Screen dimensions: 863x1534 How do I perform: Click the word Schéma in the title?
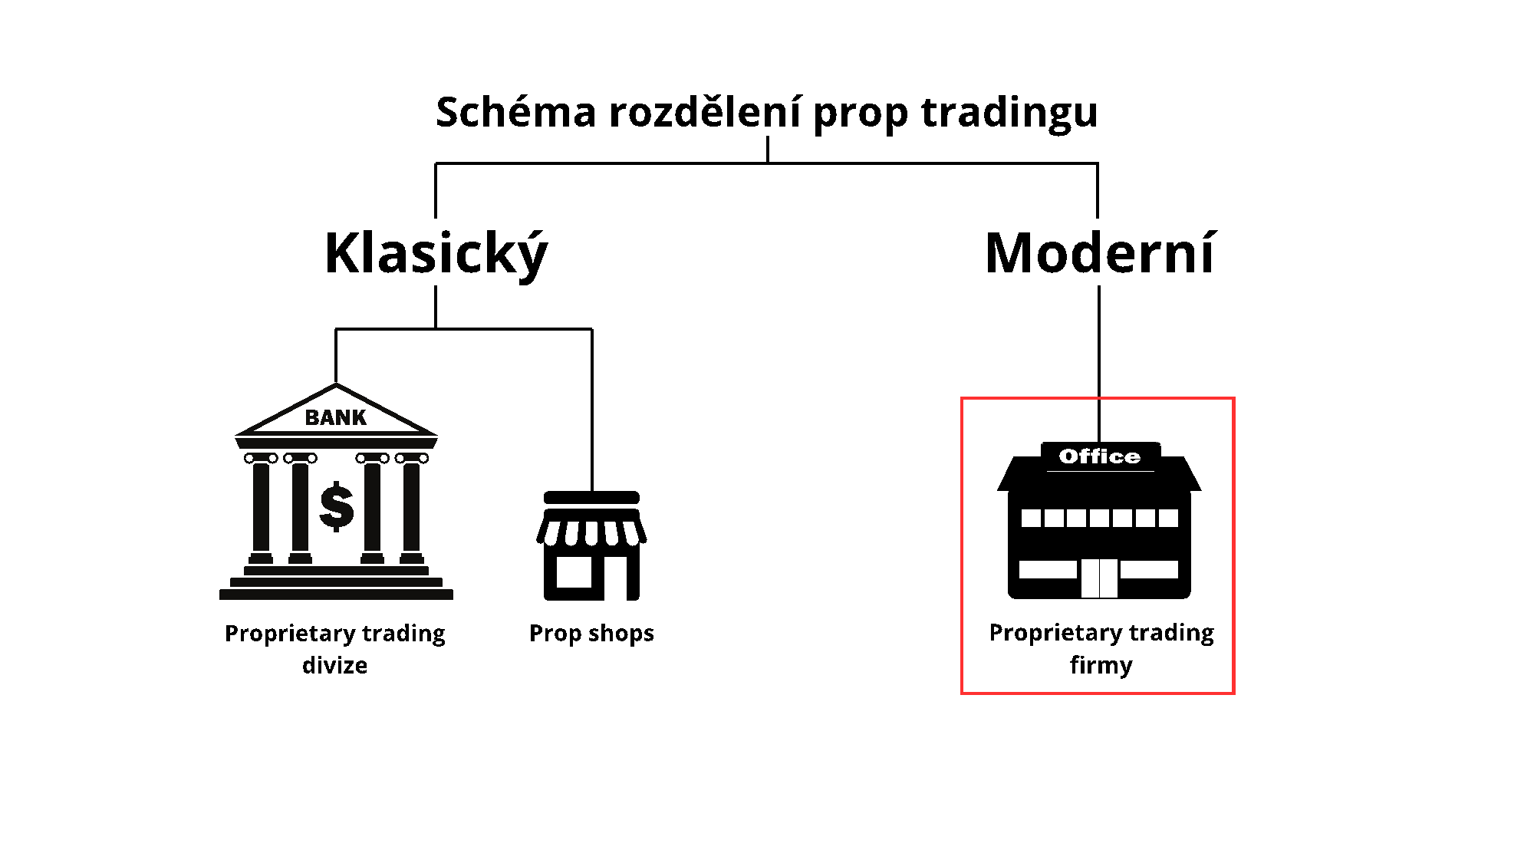pos(515,112)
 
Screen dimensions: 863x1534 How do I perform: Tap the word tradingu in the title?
pos(1009,112)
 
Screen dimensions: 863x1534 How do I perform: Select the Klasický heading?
pos(436,253)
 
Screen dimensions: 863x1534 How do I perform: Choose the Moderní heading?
pos(1100,253)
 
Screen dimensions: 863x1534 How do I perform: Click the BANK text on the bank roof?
pos(336,417)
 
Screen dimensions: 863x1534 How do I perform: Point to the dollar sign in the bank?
pos(337,506)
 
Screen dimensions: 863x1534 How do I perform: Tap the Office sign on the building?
pos(1099,456)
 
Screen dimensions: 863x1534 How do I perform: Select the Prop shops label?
pos(591,633)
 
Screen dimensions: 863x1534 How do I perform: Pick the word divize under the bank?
pos(334,665)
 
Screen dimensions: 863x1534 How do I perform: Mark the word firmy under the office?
pos(1101,664)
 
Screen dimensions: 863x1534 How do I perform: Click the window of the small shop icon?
pos(574,571)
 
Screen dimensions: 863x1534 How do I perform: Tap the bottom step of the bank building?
pos(336,594)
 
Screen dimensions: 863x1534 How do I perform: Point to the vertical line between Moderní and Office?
pos(1099,341)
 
